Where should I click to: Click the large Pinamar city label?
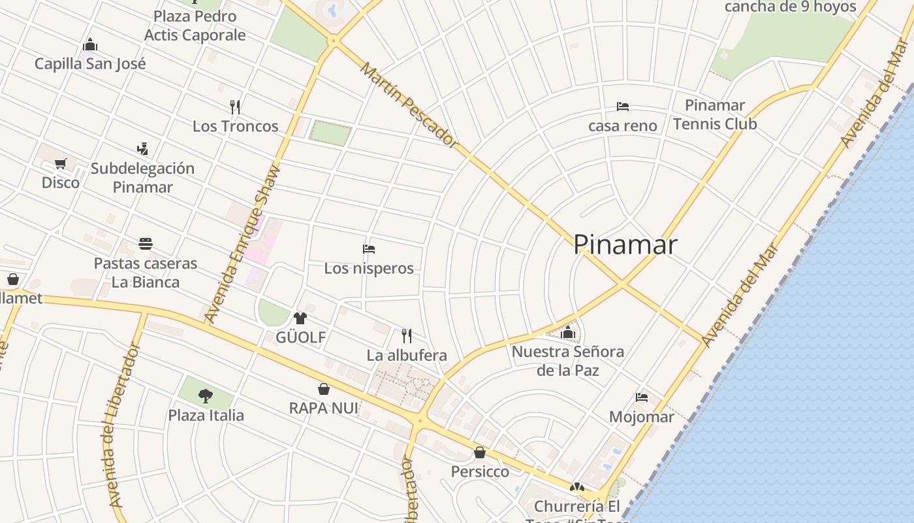[x=625, y=245]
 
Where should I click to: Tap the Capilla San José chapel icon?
[x=90, y=44]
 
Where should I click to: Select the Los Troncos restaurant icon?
[x=236, y=107]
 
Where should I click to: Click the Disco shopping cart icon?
[x=60, y=163]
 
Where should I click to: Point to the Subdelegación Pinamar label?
[x=142, y=177]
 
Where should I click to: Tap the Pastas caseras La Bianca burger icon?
[x=146, y=244]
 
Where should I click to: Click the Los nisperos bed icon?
[x=369, y=249]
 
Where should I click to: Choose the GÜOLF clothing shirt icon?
[x=300, y=318]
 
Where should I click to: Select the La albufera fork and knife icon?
[x=407, y=336]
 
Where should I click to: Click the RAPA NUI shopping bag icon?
[x=324, y=389]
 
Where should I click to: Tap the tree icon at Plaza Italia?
[x=206, y=396]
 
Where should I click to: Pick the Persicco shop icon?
[x=480, y=452]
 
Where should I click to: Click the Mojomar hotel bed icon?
[x=642, y=397]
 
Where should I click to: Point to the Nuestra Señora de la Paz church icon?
[x=567, y=332]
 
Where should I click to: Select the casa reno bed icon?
[x=623, y=106]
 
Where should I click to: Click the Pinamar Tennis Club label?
[x=715, y=114]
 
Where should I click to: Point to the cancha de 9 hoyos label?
[x=790, y=7]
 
